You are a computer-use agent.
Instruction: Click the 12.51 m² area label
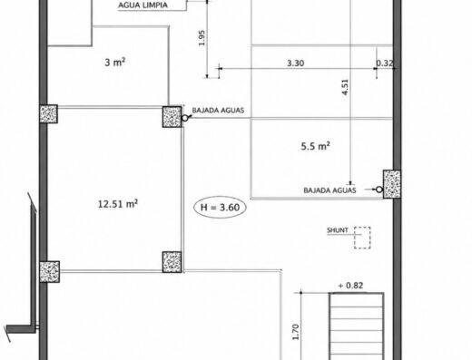(x=118, y=204)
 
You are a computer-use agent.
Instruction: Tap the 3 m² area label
(x=114, y=63)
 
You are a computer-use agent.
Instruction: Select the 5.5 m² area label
(x=315, y=146)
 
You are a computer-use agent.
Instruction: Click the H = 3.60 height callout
(x=220, y=208)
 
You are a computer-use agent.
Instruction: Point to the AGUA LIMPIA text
(x=143, y=5)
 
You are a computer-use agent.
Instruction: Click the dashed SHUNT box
(x=362, y=238)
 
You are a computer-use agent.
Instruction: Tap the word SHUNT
(x=338, y=230)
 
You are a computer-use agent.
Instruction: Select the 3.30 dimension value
(x=296, y=63)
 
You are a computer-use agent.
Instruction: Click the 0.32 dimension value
(x=385, y=63)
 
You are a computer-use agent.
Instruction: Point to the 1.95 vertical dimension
(x=202, y=38)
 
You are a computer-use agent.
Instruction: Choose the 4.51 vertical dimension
(x=345, y=87)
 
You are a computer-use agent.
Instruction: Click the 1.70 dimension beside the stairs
(x=296, y=332)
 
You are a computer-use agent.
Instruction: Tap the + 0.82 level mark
(x=350, y=286)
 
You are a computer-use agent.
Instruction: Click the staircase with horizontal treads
(x=357, y=326)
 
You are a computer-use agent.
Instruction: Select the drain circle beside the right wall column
(x=379, y=190)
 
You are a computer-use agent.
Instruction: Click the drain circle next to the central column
(x=184, y=118)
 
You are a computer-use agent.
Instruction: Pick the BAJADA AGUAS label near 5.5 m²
(x=329, y=190)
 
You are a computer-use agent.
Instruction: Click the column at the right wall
(x=392, y=184)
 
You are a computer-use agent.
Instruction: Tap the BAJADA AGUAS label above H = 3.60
(x=218, y=110)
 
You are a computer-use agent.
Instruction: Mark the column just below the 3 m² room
(x=172, y=117)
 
